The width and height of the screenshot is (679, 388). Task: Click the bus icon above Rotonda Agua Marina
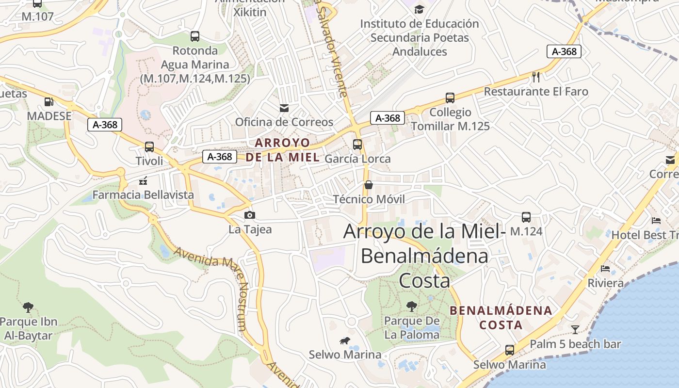point(195,36)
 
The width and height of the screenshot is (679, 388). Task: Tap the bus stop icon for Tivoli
point(149,146)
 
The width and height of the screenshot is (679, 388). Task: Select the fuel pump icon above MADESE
point(49,102)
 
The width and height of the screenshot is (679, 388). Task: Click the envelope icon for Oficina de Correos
point(284,108)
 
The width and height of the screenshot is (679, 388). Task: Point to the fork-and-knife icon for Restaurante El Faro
point(536,77)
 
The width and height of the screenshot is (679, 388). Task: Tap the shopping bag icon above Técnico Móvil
point(369,185)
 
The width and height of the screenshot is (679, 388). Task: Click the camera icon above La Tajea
point(250,215)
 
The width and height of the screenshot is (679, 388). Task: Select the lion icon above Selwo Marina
point(345,341)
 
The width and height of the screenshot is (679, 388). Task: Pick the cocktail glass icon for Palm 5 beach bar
point(575,330)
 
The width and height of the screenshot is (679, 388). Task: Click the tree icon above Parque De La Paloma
point(412,306)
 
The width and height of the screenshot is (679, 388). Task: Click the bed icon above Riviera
point(605,268)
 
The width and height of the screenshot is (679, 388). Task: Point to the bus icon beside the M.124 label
point(526,217)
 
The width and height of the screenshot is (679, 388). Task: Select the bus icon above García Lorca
point(357,144)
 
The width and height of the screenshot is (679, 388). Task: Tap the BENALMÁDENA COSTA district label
point(501,318)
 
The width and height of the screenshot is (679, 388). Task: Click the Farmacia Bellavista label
point(143,195)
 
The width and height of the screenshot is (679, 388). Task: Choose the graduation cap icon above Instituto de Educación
point(419,9)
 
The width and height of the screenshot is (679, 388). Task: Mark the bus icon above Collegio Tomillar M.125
point(450,97)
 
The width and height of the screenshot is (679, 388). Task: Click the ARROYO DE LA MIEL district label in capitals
point(282,150)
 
